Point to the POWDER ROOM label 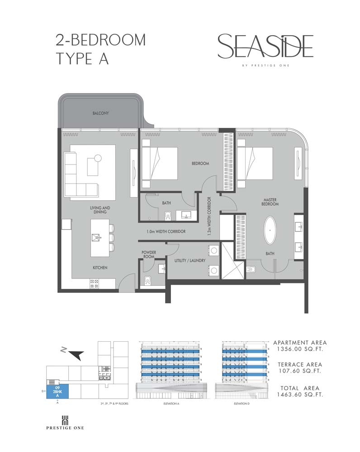click(x=148, y=254)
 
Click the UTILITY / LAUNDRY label click(x=190, y=261)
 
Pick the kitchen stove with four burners click(x=94, y=283)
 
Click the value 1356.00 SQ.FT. click(x=297, y=349)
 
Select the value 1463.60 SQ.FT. click(x=297, y=395)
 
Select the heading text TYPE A click(x=82, y=59)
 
